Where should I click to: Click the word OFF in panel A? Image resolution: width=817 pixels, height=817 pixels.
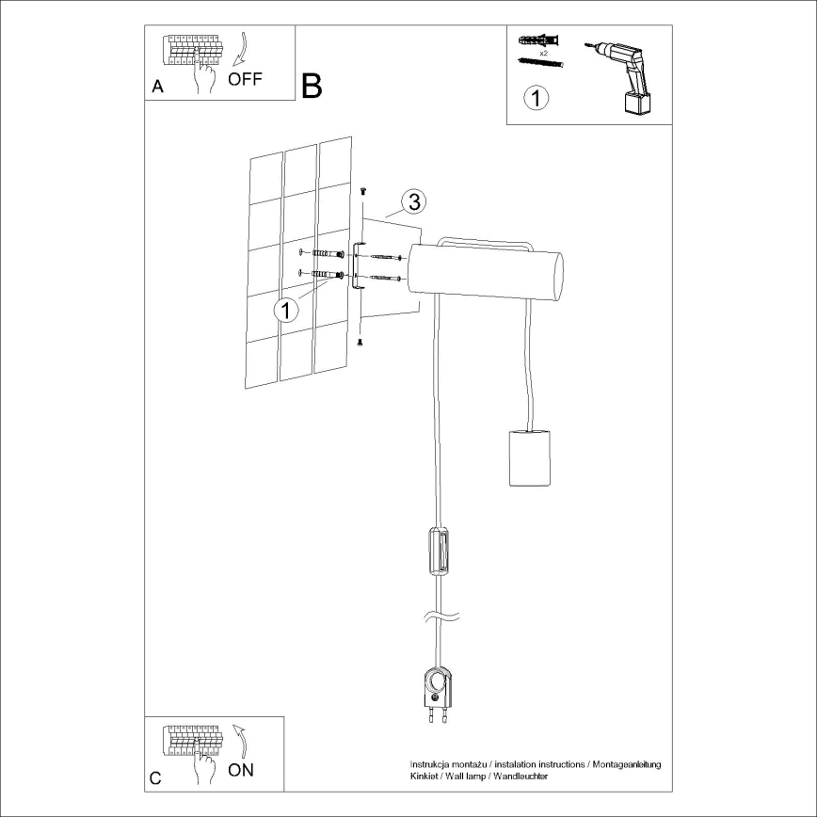tap(245, 79)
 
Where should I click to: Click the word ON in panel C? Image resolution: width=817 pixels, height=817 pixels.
tap(241, 769)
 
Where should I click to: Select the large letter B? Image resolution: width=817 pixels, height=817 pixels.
tap(312, 86)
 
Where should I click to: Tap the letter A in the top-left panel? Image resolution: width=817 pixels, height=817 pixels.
tap(157, 87)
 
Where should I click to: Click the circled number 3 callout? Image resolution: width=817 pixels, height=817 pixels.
tap(413, 201)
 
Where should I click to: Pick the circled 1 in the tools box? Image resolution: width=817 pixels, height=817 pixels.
tap(535, 97)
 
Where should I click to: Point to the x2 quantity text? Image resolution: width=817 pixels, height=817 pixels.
tap(543, 54)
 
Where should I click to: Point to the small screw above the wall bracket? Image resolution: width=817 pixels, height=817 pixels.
tap(362, 191)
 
